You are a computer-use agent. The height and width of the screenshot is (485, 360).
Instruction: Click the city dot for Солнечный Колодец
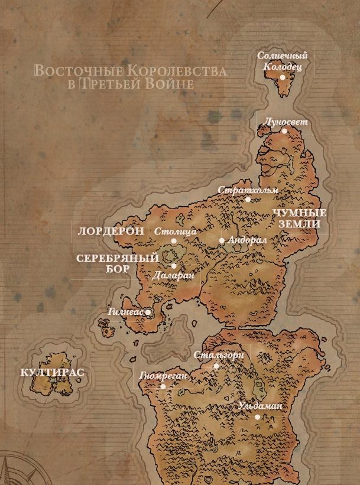(x=283, y=77)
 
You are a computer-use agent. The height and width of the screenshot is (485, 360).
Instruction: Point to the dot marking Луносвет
(x=284, y=131)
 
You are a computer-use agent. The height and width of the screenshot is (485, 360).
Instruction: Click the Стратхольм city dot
(x=248, y=200)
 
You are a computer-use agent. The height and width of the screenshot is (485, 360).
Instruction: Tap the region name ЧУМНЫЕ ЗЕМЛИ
(x=299, y=219)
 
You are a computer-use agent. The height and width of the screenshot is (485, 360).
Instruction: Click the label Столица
(x=174, y=232)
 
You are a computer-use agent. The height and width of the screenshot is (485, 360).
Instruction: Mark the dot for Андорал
(x=222, y=241)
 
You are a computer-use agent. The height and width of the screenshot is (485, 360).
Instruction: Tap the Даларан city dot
(x=173, y=266)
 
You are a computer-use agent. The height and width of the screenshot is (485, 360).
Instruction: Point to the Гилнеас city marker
(x=148, y=312)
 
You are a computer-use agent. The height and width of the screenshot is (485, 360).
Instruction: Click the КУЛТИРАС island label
(x=52, y=372)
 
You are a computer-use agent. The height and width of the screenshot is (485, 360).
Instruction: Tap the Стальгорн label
(x=219, y=356)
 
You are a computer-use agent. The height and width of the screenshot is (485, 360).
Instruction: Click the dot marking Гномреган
(x=163, y=386)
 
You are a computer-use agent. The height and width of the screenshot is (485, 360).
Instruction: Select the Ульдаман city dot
(x=258, y=417)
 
